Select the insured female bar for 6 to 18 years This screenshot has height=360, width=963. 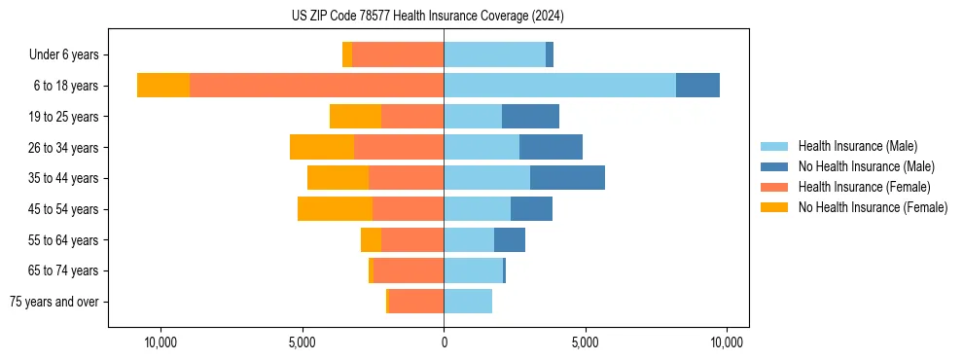(316, 86)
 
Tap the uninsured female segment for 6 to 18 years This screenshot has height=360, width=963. (163, 86)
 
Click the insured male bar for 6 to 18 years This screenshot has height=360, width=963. (559, 86)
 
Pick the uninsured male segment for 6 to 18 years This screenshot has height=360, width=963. (697, 86)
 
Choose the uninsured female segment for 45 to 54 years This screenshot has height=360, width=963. (335, 209)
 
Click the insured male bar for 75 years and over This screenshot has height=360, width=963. (468, 302)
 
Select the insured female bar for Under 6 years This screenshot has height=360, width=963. (398, 54)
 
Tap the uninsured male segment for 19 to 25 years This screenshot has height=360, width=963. (530, 117)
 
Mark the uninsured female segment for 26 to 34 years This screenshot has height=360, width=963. (322, 147)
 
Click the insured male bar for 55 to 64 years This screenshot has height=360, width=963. (469, 239)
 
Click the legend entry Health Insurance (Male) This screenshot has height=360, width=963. (857, 146)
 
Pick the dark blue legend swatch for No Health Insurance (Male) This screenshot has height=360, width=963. (774, 166)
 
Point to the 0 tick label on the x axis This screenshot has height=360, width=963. (444, 343)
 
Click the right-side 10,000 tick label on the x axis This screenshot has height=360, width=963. (727, 343)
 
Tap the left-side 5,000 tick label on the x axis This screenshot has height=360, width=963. (303, 343)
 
